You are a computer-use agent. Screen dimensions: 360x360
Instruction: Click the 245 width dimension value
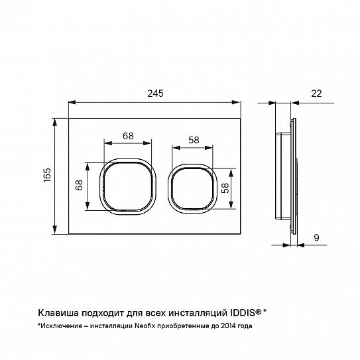click(155, 93)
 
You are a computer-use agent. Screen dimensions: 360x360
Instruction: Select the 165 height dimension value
click(47, 175)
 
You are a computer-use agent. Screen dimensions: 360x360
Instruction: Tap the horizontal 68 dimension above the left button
click(128, 136)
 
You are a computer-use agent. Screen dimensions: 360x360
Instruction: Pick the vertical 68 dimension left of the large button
click(79, 185)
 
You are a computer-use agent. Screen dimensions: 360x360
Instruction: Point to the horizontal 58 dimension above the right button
click(194, 140)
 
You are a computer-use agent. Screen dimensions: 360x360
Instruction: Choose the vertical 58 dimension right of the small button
click(225, 188)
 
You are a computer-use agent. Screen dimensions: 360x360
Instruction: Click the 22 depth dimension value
click(316, 93)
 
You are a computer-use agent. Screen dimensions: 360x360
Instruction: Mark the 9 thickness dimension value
click(316, 237)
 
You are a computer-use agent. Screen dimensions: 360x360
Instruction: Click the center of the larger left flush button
click(128, 186)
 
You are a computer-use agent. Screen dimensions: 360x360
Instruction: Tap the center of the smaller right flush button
click(192, 189)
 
